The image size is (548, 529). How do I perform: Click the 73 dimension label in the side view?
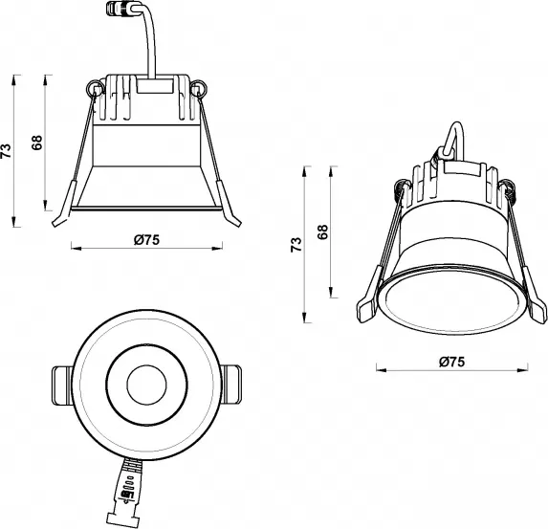tap(8, 149)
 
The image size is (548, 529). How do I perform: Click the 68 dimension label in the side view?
tap(37, 143)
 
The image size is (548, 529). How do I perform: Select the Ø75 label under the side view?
tap(145, 240)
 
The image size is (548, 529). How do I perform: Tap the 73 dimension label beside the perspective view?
tap(296, 244)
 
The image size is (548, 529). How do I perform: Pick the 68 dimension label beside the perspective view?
tap(322, 231)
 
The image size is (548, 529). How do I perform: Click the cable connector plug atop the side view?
tap(120, 14)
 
